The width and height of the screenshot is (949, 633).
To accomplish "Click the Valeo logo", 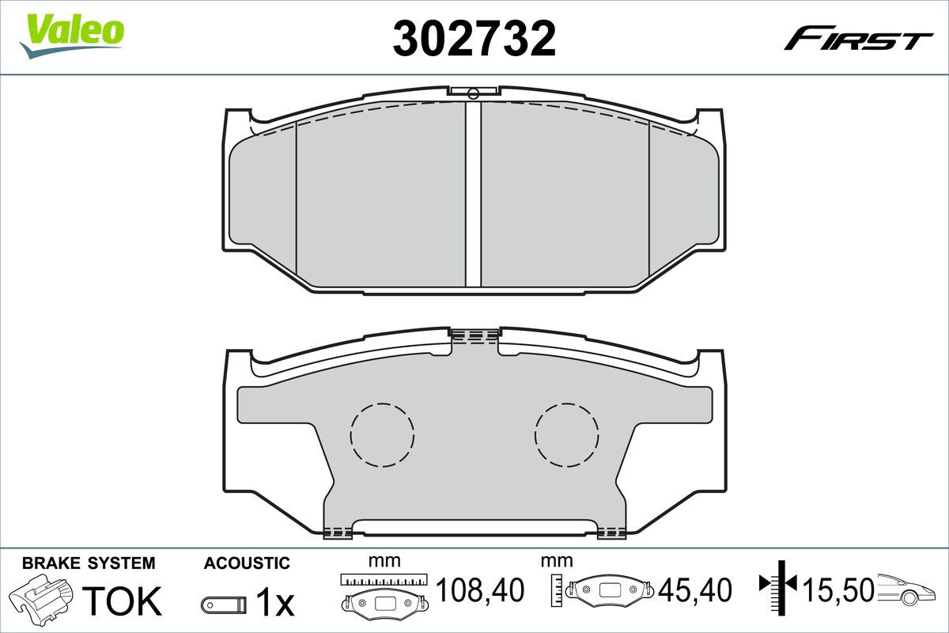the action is (72, 36).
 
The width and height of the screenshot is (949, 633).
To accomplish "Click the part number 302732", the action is (474, 38).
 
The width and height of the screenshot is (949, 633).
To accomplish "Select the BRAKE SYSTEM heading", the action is (89, 563).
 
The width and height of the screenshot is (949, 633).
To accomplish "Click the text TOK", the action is (122, 601).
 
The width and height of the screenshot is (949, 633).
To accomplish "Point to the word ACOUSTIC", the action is (247, 563).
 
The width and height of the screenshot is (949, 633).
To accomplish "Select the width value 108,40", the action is (480, 589).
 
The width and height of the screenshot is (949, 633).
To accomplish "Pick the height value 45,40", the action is (695, 589).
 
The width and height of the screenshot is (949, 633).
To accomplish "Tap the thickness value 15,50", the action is (839, 589).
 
